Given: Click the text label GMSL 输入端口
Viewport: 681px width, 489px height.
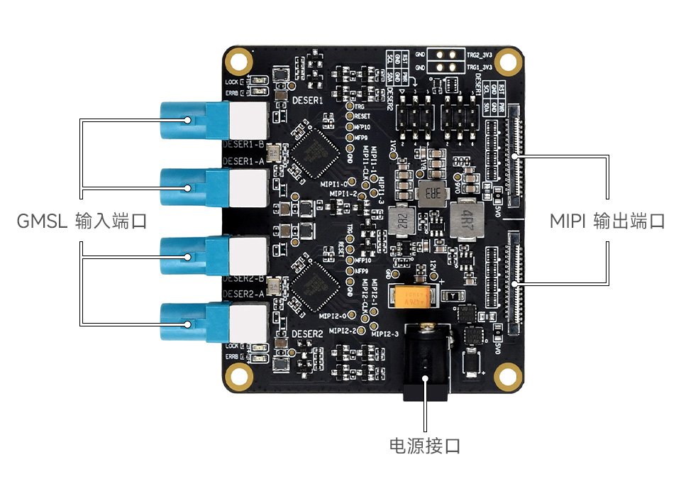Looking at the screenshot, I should click(x=82, y=221).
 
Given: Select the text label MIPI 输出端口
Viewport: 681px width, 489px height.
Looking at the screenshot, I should click(x=607, y=221).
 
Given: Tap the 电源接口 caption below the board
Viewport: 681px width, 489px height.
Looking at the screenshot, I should click(x=425, y=446).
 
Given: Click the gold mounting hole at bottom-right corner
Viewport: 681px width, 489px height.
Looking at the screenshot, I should click(x=507, y=374).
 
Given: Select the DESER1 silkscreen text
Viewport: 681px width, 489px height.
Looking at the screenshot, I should click(x=307, y=101).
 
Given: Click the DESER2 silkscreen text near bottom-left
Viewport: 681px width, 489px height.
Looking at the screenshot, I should click(x=307, y=332).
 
